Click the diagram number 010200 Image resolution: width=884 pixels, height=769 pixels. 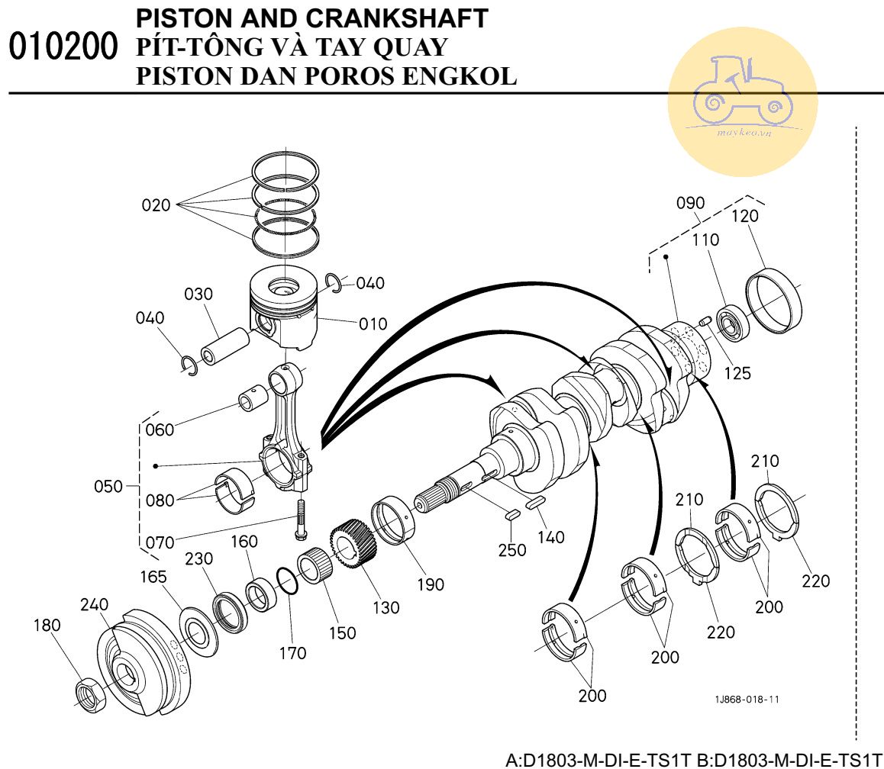coord(63,48)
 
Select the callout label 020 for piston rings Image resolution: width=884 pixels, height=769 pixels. coord(156,205)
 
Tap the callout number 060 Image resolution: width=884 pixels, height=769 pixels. coord(159,430)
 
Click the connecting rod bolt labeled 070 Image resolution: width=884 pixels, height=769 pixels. coord(300,518)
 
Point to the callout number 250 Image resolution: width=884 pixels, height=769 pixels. coord(511,550)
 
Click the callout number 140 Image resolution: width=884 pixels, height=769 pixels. coord(550,537)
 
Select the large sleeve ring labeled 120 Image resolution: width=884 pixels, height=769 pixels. coord(774,301)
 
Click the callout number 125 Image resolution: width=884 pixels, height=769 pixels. coord(737,373)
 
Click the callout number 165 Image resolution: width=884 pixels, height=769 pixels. coord(153,578)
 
